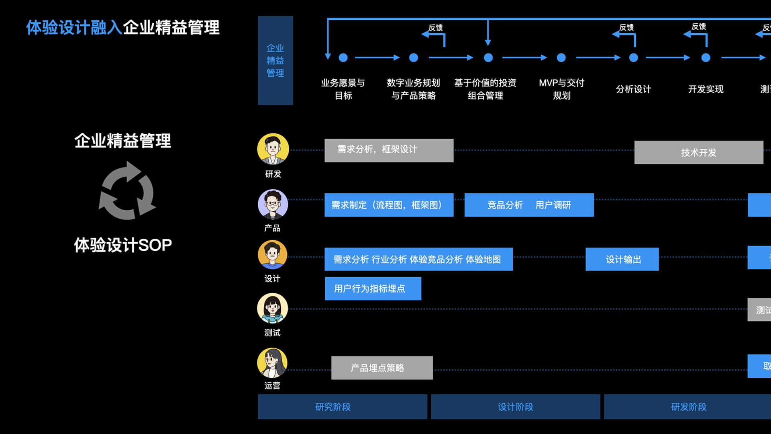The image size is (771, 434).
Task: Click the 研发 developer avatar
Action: click(273, 149)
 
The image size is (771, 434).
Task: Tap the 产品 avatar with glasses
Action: click(273, 204)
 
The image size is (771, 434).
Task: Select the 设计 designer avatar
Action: click(273, 255)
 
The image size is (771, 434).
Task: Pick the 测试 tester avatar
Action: click(273, 308)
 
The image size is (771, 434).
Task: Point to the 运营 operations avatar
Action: click(272, 362)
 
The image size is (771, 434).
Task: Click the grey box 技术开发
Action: click(699, 152)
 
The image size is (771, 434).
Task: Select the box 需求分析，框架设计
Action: click(389, 150)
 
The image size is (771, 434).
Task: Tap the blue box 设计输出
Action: click(622, 259)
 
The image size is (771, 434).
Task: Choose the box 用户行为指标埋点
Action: click(373, 289)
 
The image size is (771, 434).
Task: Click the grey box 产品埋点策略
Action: click(382, 368)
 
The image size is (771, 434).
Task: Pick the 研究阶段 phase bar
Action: click(342, 407)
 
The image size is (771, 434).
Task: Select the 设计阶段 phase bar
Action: click(516, 407)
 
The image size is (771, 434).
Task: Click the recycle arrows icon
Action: click(127, 191)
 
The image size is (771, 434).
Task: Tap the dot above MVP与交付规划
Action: click(561, 58)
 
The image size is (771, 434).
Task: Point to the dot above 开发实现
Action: click(706, 58)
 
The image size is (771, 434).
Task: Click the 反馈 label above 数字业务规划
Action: click(436, 28)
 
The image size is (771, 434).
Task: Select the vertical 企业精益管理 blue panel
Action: click(275, 60)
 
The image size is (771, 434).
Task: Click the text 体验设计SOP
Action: click(123, 245)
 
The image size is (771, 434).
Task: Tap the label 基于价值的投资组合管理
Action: click(485, 89)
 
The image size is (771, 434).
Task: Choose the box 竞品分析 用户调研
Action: click(529, 205)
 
